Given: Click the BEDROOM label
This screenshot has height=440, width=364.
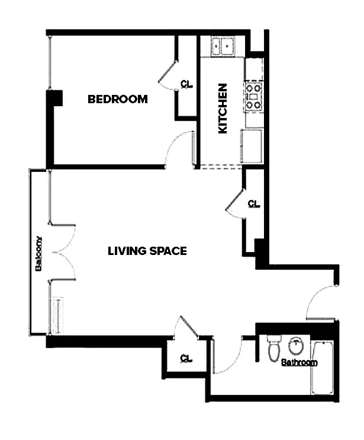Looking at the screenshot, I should coord(117,99).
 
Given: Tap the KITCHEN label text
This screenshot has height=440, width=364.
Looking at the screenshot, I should coord(223,108).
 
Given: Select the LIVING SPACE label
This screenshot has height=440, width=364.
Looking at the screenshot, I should coord(147,251).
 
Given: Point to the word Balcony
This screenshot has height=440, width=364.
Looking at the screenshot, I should coord(38,254).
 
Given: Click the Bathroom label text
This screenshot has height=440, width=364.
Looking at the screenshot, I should coord(299,362).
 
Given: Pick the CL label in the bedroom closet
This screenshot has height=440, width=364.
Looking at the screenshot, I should coord(186,84).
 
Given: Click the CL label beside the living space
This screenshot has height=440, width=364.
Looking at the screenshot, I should coord(254,205).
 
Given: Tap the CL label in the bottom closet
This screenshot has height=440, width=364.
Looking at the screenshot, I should coord(186,359).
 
